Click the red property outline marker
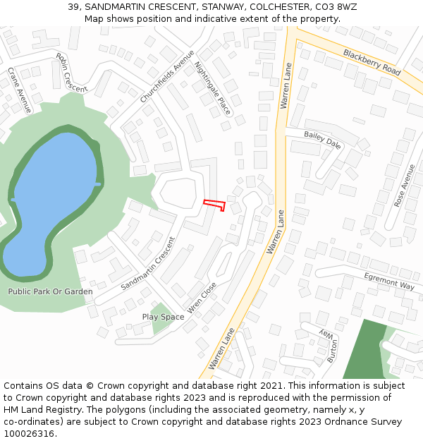(214, 205)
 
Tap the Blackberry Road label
(372, 63)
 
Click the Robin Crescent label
(70, 73)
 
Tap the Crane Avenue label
(19, 90)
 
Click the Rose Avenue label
(405, 185)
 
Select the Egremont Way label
(389, 281)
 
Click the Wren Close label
(202, 298)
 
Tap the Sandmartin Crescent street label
(147, 262)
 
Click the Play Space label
(163, 317)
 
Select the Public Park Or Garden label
(50, 291)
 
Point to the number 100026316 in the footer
(26, 434)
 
